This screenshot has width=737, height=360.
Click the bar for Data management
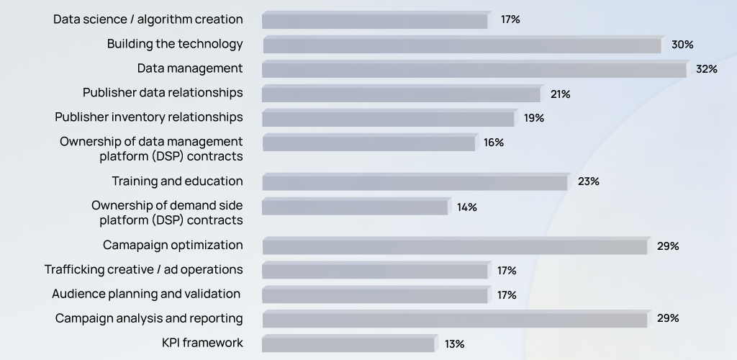coord(474,70)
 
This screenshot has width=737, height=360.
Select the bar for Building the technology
coord(461,45)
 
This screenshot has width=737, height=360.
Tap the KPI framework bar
coord(348,343)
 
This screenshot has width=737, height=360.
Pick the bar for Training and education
coord(415,182)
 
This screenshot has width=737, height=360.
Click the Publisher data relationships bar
coord(401,94)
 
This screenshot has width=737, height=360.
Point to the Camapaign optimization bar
coord(455,246)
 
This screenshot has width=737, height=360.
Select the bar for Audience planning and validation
coord(375,294)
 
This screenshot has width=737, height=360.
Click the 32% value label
coord(707,69)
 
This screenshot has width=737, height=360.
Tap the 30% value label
coord(682,45)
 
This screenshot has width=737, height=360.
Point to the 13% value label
coord(455,343)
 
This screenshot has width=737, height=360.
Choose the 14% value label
coord(466,207)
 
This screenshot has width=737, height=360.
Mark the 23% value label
coord(588,181)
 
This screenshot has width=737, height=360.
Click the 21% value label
coord(560,94)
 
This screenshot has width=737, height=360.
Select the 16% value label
coord(494,143)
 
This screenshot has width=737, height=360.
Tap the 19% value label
coord(534,118)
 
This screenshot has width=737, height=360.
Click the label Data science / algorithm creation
coord(148,19)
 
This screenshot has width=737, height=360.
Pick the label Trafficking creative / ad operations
coord(144,270)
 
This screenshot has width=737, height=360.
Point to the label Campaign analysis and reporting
coord(149,318)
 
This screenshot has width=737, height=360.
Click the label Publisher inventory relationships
coord(149,117)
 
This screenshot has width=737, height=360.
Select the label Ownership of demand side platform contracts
coord(167,213)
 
